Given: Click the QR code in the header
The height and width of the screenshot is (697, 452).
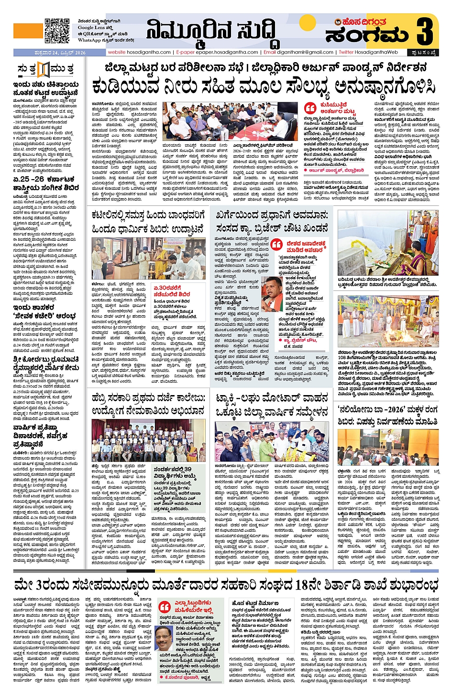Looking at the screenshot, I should [57, 31].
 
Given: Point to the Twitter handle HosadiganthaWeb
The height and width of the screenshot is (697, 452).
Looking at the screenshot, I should [368, 52].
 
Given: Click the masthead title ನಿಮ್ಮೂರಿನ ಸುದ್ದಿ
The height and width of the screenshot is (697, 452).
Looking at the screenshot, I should [211, 31].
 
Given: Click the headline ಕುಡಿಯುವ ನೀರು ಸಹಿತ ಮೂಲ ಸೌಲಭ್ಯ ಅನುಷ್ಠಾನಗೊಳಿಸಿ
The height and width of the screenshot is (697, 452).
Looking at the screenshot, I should [264, 87].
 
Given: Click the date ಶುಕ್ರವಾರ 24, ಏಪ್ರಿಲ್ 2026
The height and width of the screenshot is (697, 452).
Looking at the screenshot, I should [50, 53].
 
